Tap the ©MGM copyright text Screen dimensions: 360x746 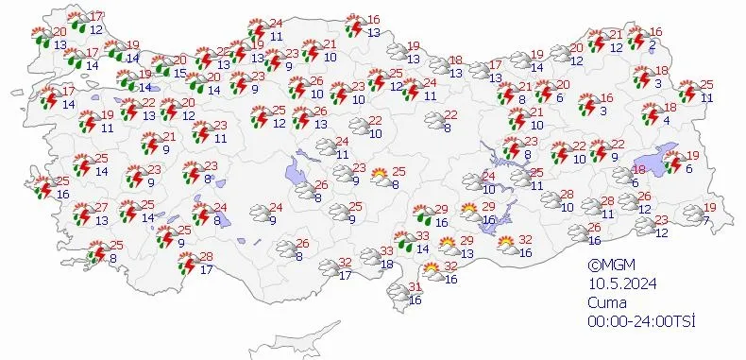tap(608, 266)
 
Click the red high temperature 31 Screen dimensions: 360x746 tap(414, 288)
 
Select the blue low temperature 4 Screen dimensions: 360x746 tap(667, 120)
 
